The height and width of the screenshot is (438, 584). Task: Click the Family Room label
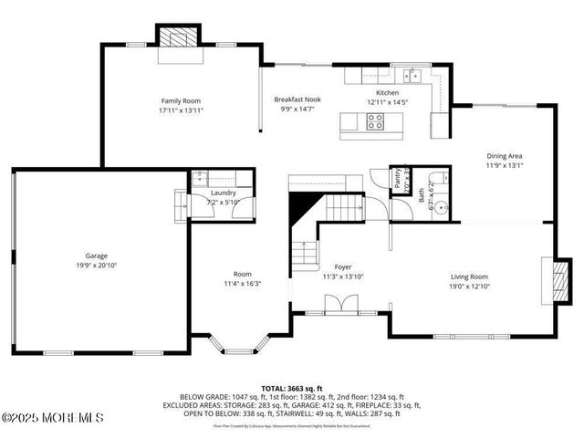click(181, 101)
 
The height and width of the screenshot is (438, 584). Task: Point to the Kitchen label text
click(388, 93)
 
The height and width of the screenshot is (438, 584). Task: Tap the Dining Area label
click(504, 156)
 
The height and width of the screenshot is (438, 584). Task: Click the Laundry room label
click(223, 193)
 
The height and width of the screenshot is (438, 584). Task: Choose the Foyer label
click(329, 267)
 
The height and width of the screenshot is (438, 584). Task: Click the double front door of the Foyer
click(339, 304)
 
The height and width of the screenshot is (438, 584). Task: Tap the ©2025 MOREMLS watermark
click(52, 418)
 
